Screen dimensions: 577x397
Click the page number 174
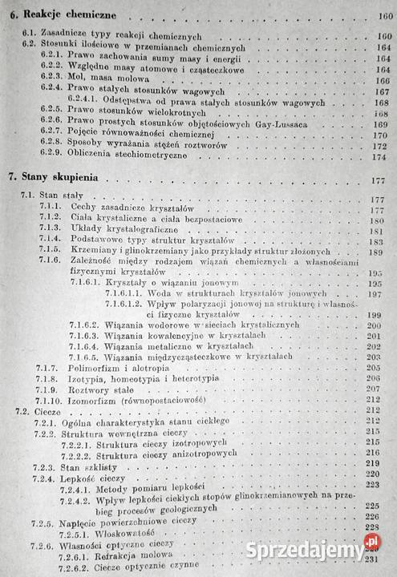[379, 156]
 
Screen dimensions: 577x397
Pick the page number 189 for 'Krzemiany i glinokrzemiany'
[379, 252]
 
